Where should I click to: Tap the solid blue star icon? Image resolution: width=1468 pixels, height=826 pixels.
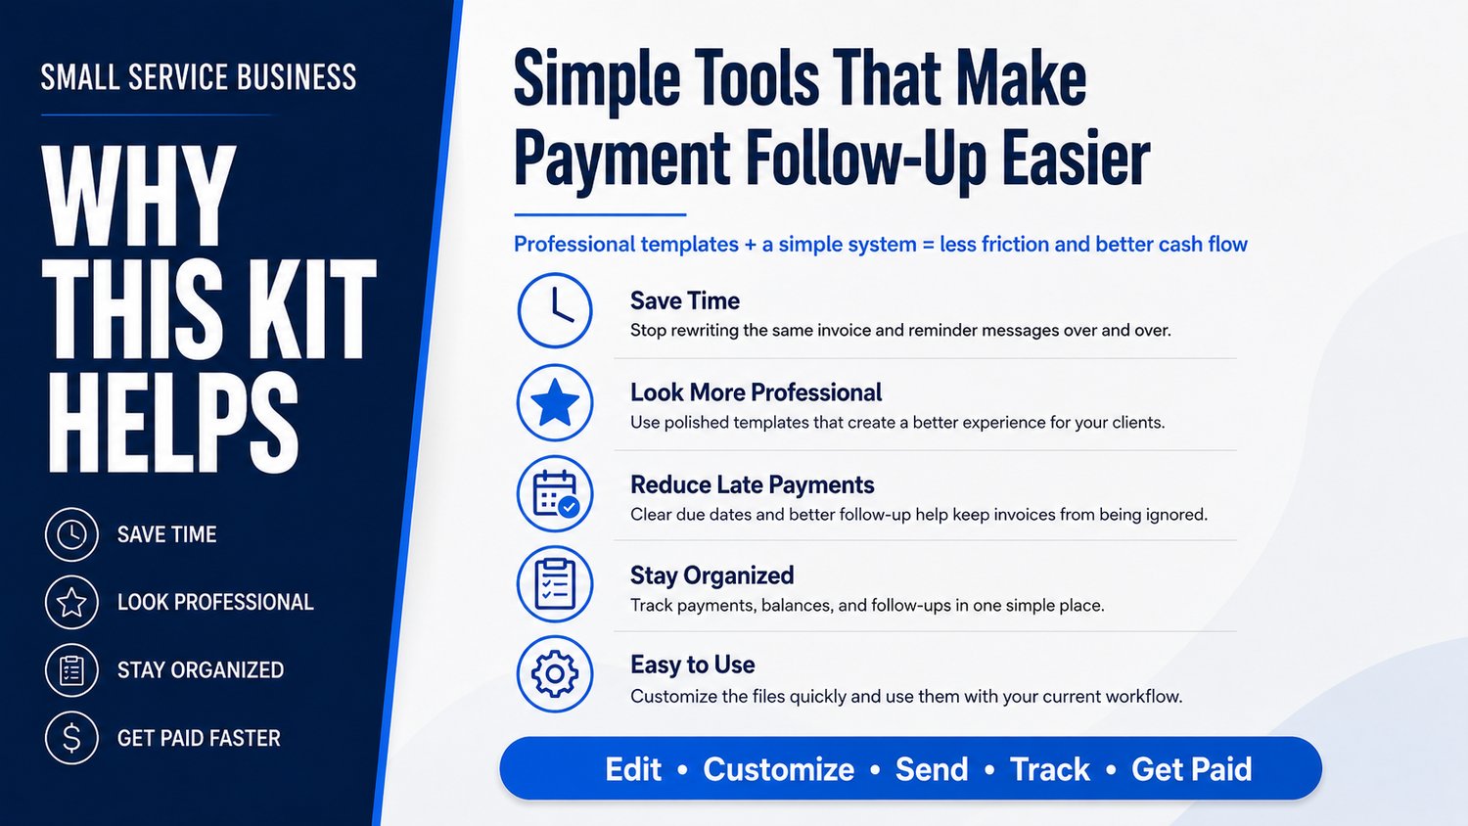click(555, 402)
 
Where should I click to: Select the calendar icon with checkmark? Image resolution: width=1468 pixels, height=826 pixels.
click(555, 493)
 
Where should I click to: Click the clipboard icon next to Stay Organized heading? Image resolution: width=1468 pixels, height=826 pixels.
click(555, 584)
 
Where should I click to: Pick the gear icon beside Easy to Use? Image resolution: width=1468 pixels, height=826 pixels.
click(555, 674)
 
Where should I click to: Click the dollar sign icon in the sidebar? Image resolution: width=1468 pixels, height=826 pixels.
click(71, 738)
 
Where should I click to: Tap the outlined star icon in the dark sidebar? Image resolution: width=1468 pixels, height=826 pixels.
click(71, 602)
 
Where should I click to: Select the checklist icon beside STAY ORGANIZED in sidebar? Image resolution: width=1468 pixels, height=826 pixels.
click(71, 670)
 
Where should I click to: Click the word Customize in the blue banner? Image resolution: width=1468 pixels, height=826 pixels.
click(779, 769)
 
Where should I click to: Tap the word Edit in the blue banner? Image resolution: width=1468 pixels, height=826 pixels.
click(633, 769)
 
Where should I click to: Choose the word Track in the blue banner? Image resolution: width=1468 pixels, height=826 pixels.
click(1050, 769)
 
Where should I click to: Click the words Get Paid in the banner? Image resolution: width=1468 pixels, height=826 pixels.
click(1191, 769)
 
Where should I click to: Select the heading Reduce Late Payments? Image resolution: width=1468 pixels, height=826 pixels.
click(752, 485)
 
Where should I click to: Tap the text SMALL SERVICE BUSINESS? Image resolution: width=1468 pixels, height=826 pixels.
click(199, 77)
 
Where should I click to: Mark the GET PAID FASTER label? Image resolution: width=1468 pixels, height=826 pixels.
click(199, 738)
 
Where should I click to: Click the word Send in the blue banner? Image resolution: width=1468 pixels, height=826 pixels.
click(932, 769)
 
